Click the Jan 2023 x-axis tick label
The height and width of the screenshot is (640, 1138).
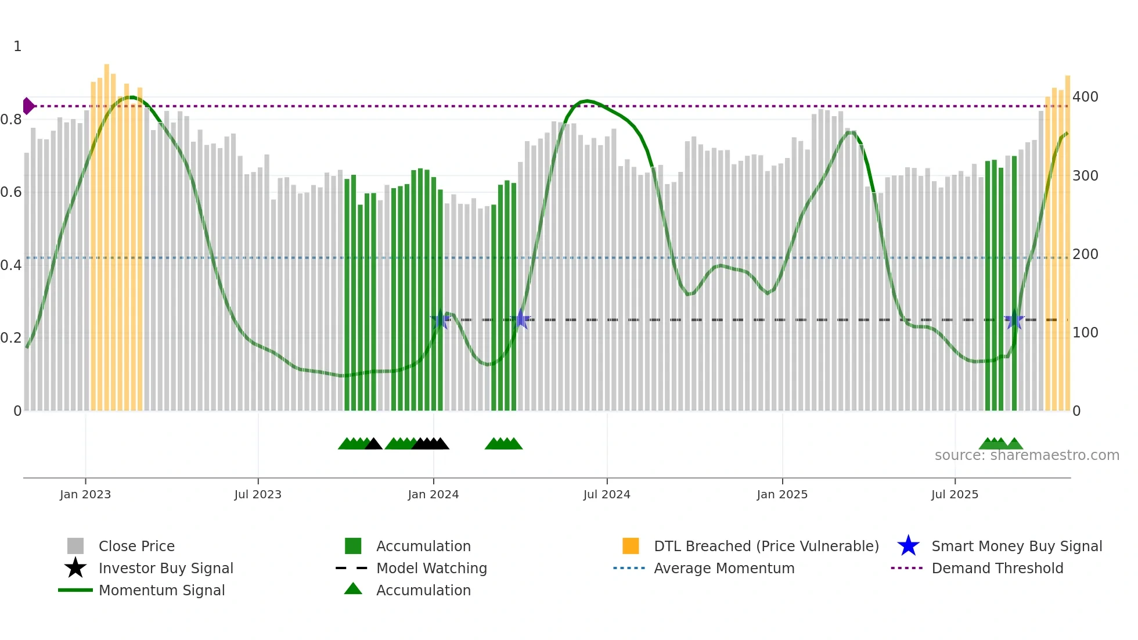(85, 494)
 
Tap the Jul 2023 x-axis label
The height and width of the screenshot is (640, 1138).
(258, 494)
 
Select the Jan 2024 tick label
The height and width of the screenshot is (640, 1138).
(433, 494)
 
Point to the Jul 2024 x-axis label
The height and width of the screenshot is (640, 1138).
(607, 494)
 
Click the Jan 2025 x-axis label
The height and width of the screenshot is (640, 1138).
(782, 494)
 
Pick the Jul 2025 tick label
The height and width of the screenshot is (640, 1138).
(955, 494)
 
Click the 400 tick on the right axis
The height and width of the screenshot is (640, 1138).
(1085, 97)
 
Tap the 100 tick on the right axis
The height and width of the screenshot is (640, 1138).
(1085, 333)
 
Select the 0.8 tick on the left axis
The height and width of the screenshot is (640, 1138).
(11, 120)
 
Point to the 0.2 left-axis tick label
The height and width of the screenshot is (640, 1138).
(11, 338)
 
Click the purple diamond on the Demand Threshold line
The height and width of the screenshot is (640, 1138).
(28, 106)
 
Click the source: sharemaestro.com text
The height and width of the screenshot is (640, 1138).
(1027, 455)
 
